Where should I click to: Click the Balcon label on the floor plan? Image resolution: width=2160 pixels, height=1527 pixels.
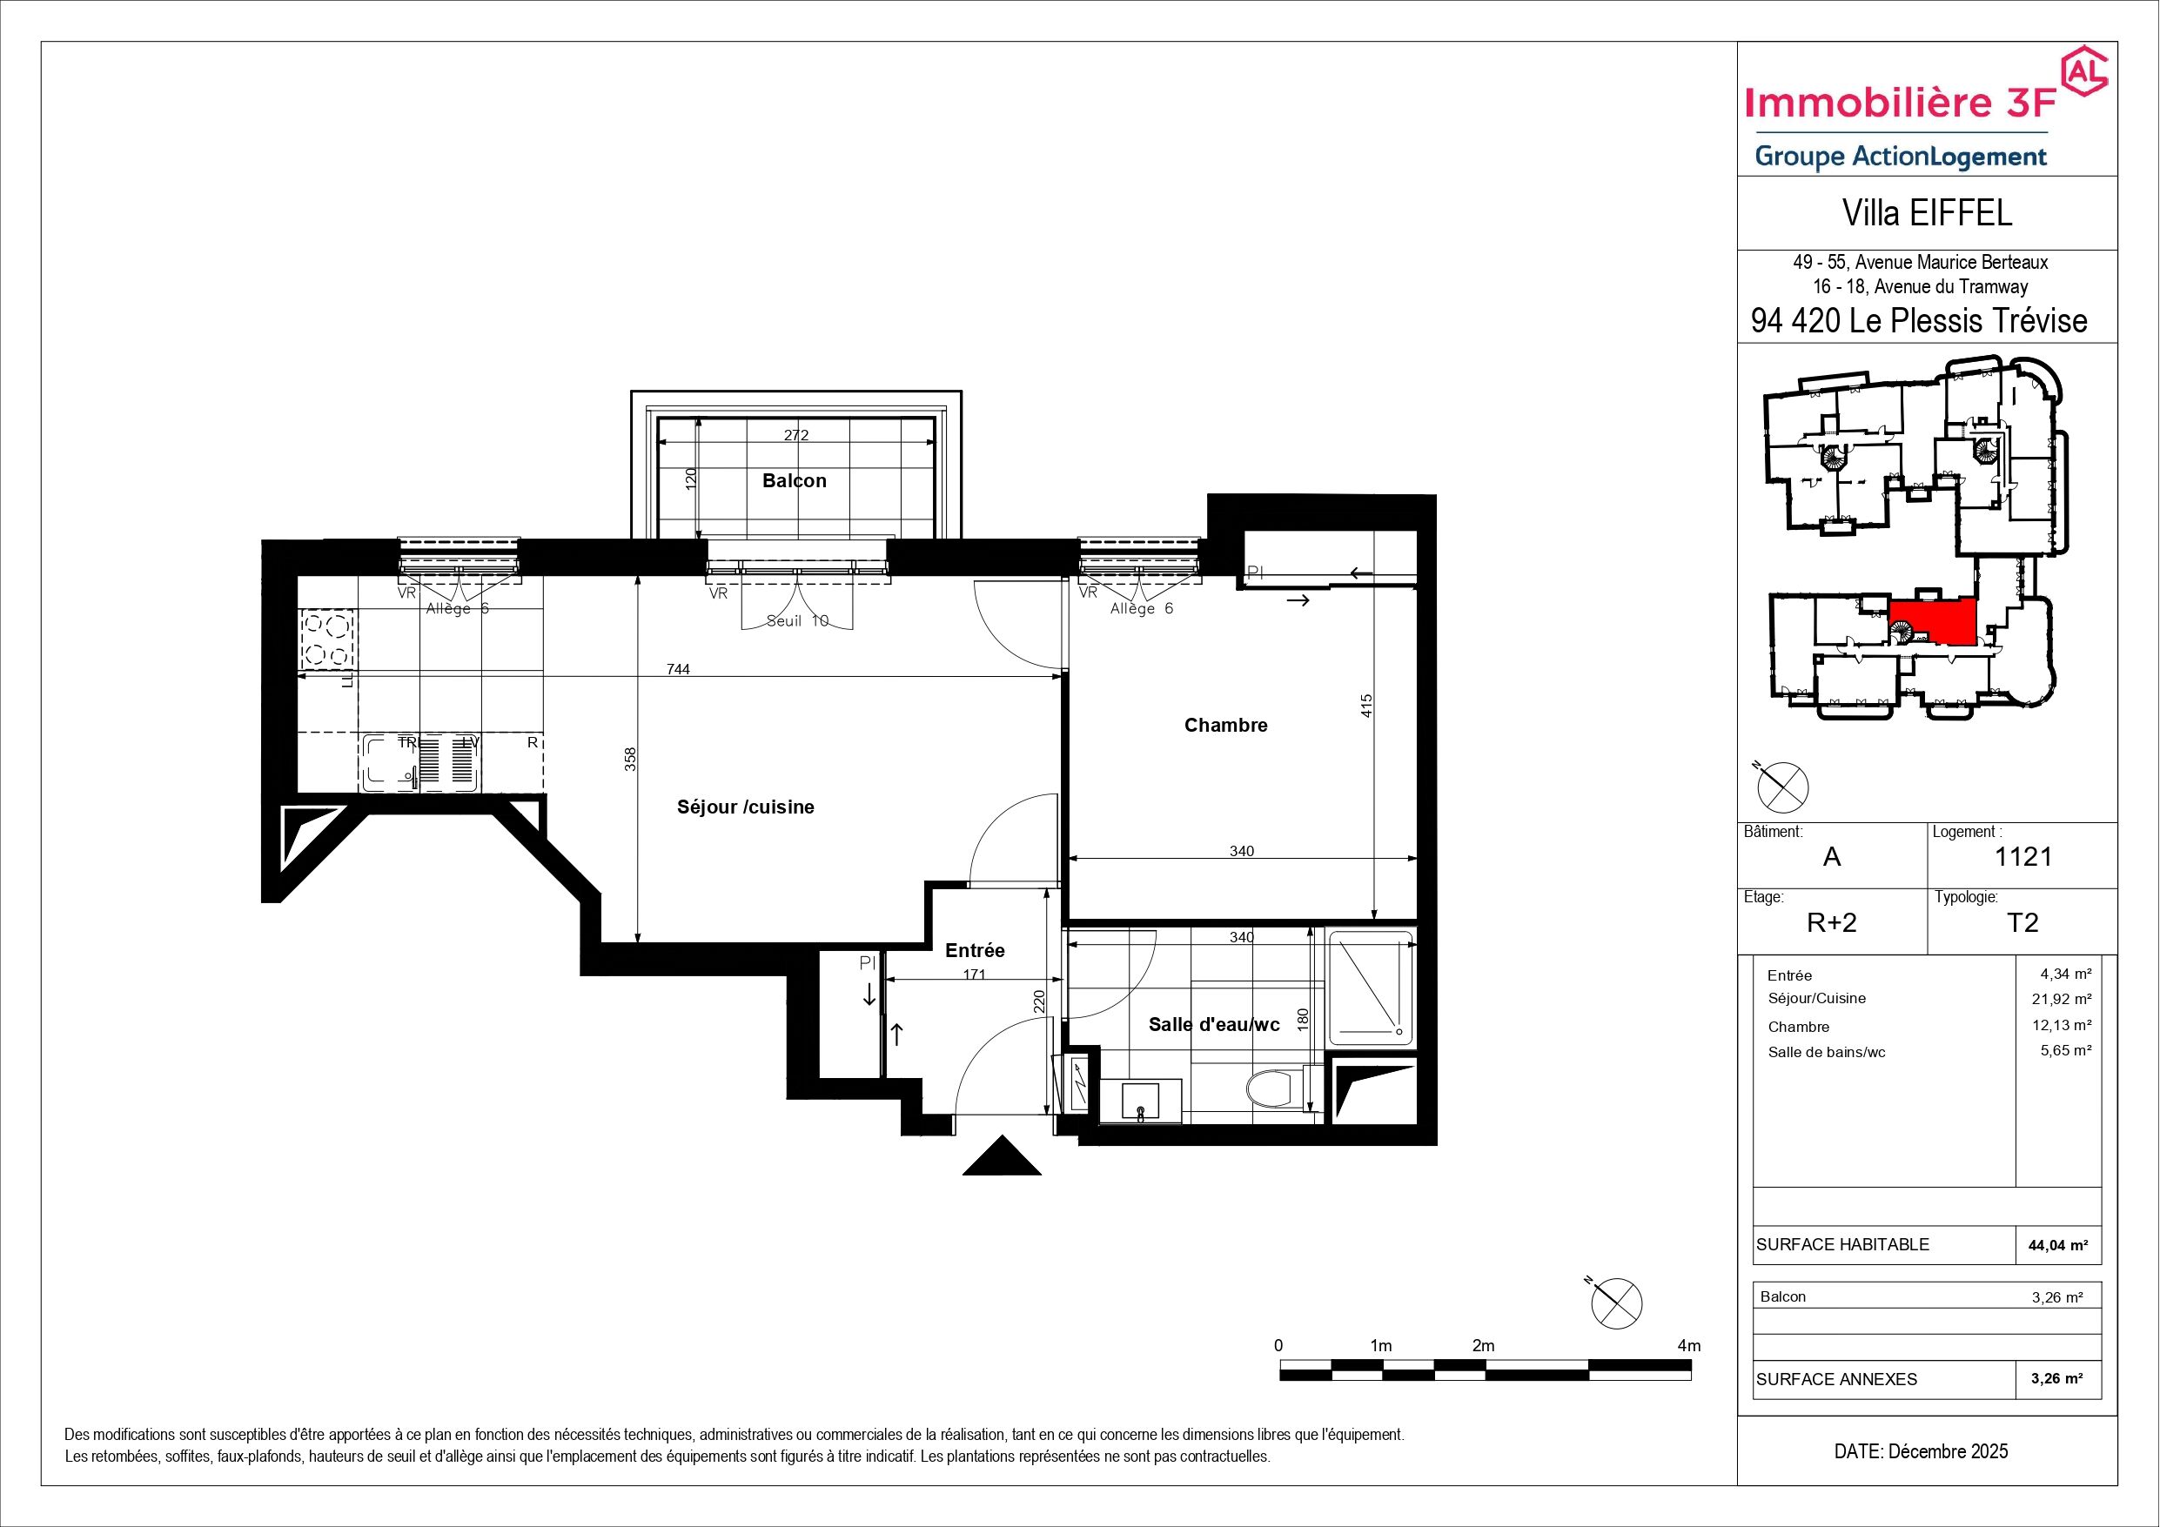(x=794, y=481)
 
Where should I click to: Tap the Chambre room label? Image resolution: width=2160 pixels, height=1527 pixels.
(x=1226, y=726)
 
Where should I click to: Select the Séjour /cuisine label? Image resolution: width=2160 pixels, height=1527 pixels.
(x=745, y=807)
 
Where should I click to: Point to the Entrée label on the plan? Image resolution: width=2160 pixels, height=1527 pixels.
(x=975, y=950)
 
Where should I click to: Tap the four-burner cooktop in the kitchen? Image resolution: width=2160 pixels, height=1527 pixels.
(x=326, y=640)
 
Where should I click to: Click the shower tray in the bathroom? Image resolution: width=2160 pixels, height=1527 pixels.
(x=1370, y=987)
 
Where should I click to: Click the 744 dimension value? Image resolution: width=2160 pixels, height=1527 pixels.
(x=677, y=669)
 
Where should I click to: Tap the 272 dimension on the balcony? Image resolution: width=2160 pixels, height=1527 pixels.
(x=796, y=435)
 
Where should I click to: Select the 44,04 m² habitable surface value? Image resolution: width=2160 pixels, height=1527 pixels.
(x=2057, y=1245)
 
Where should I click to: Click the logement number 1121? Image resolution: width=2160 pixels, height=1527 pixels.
(x=2022, y=856)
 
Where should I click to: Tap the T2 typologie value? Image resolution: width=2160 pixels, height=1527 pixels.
(x=2022, y=922)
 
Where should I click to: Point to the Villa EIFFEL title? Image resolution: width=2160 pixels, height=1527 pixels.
(x=1927, y=212)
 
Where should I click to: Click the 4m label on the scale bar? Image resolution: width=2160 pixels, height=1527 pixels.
(x=1689, y=1345)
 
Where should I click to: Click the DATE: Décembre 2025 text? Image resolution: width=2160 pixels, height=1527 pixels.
(x=1921, y=1450)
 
